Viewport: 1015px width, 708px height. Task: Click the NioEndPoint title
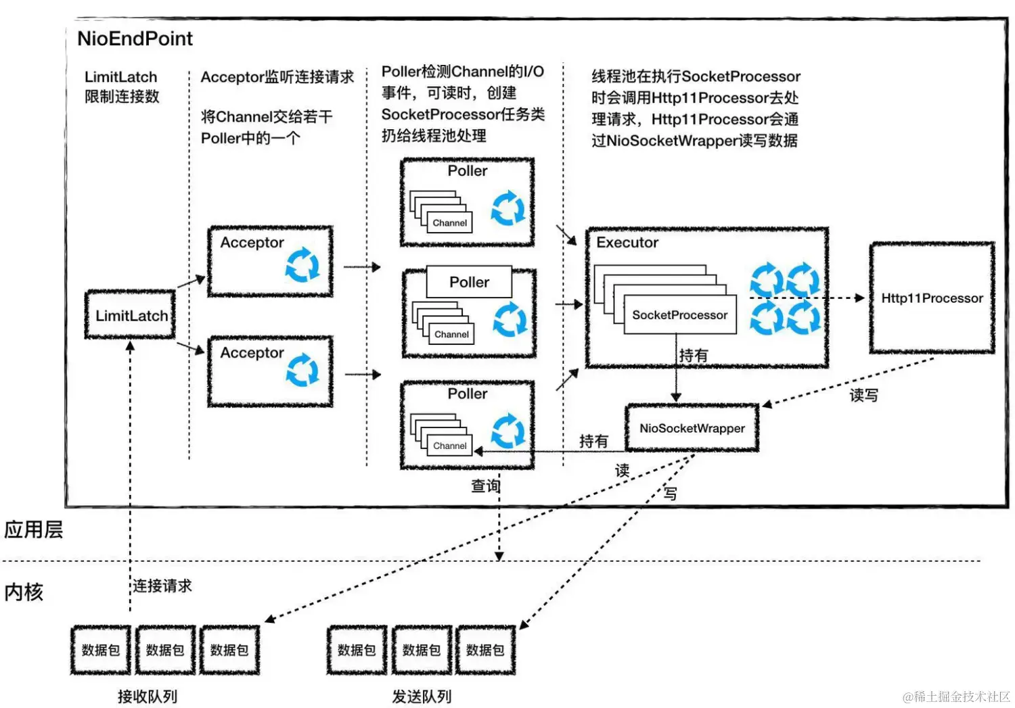pyautogui.click(x=135, y=39)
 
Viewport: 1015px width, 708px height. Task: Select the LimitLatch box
pyautogui.click(x=131, y=315)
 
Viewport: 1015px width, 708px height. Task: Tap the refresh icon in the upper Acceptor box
pyautogui.click(x=302, y=264)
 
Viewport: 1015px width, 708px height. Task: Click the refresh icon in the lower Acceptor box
pyautogui.click(x=302, y=370)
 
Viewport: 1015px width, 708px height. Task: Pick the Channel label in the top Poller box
pyautogui.click(x=449, y=222)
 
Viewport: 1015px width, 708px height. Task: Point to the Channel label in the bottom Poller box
pyautogui.click(x=449, y=446)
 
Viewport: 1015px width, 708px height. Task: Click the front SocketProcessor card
pyautogui.click(x=679, y=314)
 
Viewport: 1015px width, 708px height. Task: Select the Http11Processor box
pyautogui.click(x=932, y=298)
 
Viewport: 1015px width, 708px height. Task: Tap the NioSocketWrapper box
pyautogui.click(x=692, y=428)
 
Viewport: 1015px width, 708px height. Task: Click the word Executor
pyautogui.click(x=627, y=242)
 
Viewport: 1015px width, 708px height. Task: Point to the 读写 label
pyautogui.click(x=863, y=395)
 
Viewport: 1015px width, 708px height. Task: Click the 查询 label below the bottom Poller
pyautogui.click(x=485, y=486)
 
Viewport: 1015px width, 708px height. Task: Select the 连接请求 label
pyautogui.click(x=162, y=586)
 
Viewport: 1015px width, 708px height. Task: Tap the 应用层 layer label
pyautogui.click(x=33, y=529)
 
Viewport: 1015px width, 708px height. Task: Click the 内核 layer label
pyautogui.click(x=24, y=592)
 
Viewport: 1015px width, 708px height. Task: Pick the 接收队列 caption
pyautogui.click(x=147, y=697)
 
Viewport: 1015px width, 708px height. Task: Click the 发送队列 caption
pyautogui.click(x=422, y=697)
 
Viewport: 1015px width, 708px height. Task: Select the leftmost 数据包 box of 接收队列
pyautogui.click(x=100, y=650)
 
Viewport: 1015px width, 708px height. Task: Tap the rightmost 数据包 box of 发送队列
pyautogui.click(x=485, y=650)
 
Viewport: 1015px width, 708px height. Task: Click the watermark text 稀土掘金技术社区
pyautogui.click(x=961, y=697)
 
